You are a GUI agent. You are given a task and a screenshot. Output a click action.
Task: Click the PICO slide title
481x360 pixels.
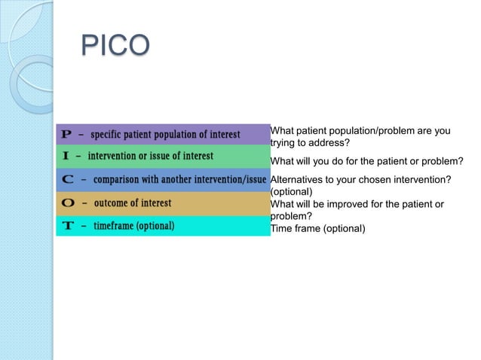[x=115, y=46]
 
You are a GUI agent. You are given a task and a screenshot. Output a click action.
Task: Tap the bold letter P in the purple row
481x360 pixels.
[x=66, y=135]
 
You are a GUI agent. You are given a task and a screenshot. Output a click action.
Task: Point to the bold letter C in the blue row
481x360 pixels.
[x=67, y=180]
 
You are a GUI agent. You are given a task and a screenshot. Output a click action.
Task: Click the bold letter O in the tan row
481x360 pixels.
[x=67, y=203]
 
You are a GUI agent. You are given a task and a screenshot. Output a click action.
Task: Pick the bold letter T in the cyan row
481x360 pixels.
[x=66, y=226]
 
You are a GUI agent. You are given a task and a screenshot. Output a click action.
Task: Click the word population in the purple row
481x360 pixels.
[x=177, y=135]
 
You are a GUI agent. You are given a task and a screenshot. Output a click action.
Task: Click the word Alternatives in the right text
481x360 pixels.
[x=297, y=178]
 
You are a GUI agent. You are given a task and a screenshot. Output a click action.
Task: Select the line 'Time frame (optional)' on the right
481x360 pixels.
[x=317, y=228]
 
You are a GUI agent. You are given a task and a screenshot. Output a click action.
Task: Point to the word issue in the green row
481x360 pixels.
[x=169, y=157]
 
